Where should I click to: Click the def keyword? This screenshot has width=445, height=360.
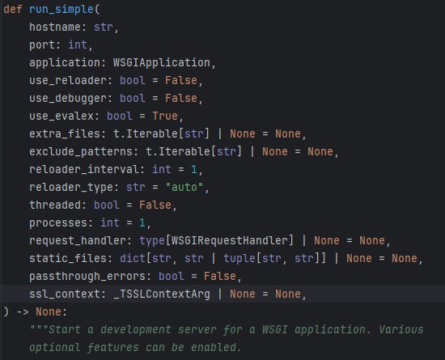pyautogui.click(x=13, y=9)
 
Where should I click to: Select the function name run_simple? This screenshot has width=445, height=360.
pyautogui.click(x=61, y=10)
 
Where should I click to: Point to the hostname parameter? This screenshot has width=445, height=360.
pyautogui.click(x=55, y=27)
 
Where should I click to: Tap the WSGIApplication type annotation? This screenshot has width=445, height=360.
pyautogui.click(x=162, y=62)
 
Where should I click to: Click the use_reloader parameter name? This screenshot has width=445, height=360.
pyautogui.click(x=68, y=80)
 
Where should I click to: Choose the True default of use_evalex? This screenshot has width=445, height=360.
pyautogui.click(x=165, y=116)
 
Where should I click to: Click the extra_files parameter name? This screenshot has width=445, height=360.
pyautogui.click(x=65, y=133)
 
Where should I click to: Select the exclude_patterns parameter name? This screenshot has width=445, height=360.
pyautogui.click(x=81, y=151)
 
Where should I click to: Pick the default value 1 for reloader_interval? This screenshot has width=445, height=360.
pyautogui.click(x=194, y=169)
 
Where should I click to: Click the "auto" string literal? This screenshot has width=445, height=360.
pyautogui.click(x=184, y=187)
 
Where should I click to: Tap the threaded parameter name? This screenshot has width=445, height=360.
pyautogui.click(x=55, y=205)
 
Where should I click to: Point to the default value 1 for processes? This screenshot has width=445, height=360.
pyautogui.click(x=142, y=222)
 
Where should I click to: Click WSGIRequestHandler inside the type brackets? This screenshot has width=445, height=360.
pyautogui.click(x=230, y=240)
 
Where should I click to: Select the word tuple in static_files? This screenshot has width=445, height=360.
pyautogui.click(x=239, y=258)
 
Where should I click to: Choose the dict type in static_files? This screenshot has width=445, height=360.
pyautogui.click(x=133, y=258)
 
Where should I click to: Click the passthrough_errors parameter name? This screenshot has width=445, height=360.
pyautogui.click(x=91, y=277)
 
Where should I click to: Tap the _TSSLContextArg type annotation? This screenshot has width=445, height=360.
pyautogui.click(x=162, y=294)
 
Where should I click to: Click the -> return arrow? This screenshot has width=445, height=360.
pyautogui.click(x=23, y=311)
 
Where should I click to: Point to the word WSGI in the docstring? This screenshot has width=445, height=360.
pyautogui.click(x=275, y=329)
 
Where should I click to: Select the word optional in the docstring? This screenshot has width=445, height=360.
pyautogui.click(x=55, y=348)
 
